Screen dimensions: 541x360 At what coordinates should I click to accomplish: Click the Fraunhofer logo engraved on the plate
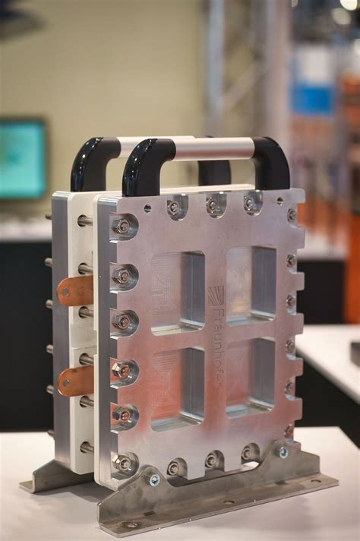(216, 334)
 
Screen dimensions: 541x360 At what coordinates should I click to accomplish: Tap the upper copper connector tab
(76, 291)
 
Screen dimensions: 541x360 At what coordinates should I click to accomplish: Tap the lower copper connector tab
(76, 380)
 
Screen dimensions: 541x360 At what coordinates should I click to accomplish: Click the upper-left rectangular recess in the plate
(177, 293)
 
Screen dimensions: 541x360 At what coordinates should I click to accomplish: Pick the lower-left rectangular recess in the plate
(178, 388)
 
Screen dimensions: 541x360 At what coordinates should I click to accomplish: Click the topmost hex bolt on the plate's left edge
(122, 226)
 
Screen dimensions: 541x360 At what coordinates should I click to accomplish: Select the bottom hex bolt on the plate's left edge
(123, 462)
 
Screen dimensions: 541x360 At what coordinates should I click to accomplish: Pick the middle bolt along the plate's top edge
(213, 205)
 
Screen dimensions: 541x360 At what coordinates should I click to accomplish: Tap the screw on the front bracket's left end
(154, 480)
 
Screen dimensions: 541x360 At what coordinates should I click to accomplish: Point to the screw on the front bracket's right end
(283, 452)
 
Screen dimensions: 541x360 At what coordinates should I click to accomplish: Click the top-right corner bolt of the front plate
(292, 215)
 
